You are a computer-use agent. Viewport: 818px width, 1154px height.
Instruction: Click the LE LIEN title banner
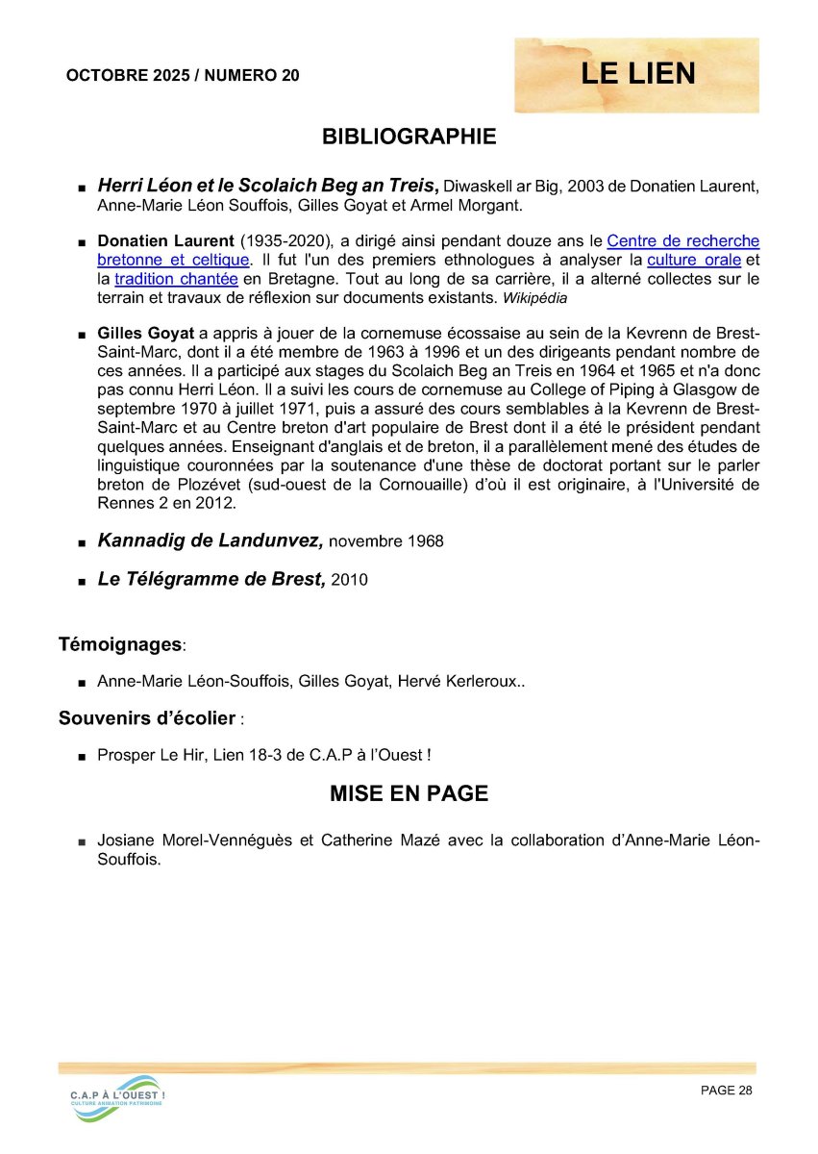click(x=637, y=74)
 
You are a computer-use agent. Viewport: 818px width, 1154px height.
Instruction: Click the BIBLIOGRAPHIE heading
click(x=409, y=137)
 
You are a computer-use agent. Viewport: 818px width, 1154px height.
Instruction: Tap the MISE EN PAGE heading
click(x=409, y=793)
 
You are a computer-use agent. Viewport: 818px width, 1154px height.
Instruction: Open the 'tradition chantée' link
click(x=176, y=279)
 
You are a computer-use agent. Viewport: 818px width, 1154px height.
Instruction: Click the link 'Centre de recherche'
click(x=682, y=241)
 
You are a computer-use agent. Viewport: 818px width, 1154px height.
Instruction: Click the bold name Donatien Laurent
click(x=165, y=241)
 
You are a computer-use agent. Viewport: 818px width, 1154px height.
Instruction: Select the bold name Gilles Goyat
click(x=146, y=334)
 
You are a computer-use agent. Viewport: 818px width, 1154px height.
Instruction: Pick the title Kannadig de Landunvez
click(x=210, y=540)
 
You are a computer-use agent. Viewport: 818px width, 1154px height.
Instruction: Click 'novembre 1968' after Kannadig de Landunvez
click(x=386, y=542)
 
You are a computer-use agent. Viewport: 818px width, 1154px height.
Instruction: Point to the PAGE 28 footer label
click(x=727, y=1090)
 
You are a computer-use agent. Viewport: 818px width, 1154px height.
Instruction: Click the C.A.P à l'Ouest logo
click(x=117, y=1098)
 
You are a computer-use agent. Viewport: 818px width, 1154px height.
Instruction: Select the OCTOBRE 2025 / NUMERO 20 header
click(x=183, y=76)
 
